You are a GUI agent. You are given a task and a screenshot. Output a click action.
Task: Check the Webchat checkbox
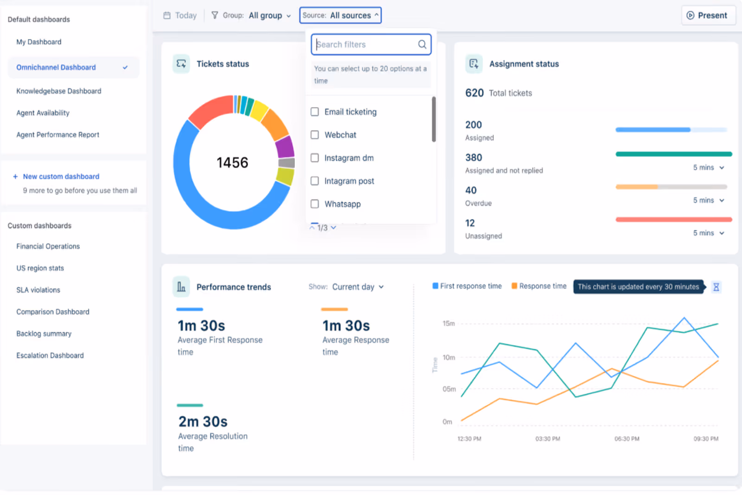tap(315, 135)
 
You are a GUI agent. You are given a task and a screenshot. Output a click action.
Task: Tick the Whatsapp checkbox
tap(315, 204)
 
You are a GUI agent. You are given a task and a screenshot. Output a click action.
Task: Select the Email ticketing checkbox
tap(315, 112)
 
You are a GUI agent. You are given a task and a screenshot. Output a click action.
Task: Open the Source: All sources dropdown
tap(340, 15)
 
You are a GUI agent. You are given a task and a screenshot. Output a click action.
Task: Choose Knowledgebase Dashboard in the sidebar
tap(59, 91)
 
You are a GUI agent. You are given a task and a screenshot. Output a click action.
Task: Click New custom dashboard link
tap(61, 176)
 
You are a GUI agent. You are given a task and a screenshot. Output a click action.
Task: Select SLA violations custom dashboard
tap(38, 290)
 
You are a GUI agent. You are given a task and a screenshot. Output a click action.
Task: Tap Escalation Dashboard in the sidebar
tap(50, 355)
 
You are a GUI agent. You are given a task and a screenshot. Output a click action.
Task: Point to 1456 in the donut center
tap(232, 162)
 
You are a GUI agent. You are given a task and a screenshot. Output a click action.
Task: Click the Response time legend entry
tap(539, 286)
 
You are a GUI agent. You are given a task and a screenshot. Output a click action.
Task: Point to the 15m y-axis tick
tap(448, 323)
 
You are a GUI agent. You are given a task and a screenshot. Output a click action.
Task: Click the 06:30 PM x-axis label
tap(627, 439)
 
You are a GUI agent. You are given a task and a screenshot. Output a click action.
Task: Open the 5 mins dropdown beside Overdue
tap(709, 200)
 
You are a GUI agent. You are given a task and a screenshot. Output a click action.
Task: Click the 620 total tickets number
tap(474, 93)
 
